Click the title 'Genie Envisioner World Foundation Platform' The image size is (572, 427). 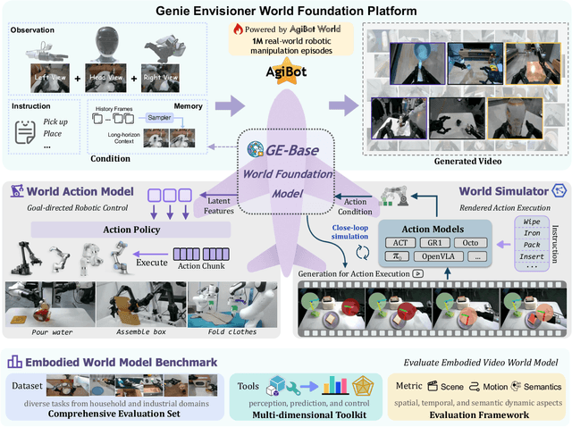click(285, 10)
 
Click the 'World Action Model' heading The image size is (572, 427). click(80, 191)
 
